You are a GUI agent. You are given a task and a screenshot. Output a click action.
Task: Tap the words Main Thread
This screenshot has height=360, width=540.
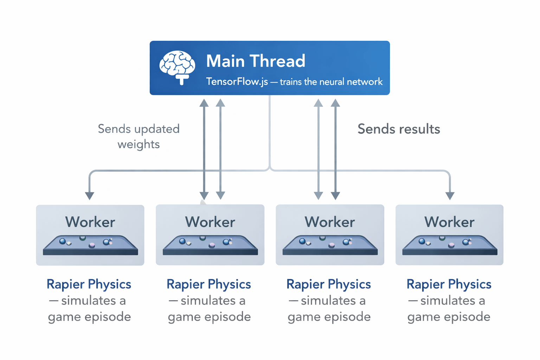[x=256, y=61]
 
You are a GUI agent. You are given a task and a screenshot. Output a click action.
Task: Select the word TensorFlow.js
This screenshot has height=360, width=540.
[x=237, y=82]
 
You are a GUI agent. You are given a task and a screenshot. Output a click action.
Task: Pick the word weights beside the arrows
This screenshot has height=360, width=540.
[x=139, y=144]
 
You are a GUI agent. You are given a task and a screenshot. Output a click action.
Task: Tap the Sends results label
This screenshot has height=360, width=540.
[x=399, y=129]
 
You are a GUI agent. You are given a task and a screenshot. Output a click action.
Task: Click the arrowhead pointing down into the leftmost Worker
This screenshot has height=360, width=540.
[x=90, y=196]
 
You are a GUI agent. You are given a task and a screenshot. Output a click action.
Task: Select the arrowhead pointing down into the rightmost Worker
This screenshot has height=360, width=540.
[x=450, y=196]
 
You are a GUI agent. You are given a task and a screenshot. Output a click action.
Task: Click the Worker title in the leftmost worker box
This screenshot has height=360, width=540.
[x=90, y=222]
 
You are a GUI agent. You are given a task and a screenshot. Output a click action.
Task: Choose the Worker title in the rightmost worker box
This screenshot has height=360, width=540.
[x=449, y=222]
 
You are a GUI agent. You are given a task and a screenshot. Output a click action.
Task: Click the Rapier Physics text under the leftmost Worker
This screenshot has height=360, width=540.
[x=89, y=284]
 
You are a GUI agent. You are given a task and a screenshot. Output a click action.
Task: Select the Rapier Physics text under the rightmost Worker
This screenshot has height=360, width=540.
[x=449, y=284]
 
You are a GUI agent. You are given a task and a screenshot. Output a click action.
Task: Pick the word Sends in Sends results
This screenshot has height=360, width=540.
[x=373, y=129]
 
